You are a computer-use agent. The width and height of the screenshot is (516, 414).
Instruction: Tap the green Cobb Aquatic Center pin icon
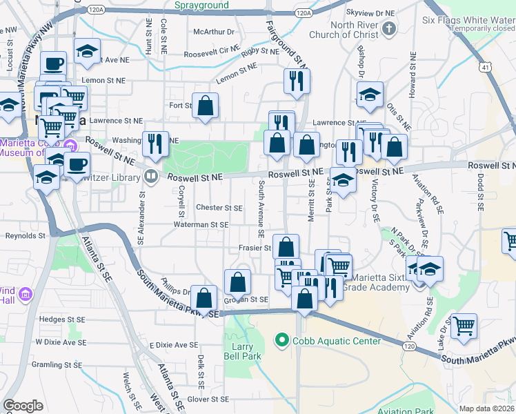point(281,340)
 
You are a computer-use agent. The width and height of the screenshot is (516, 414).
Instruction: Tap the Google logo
point(23,405)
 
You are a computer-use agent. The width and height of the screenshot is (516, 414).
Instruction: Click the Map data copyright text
point(487,408)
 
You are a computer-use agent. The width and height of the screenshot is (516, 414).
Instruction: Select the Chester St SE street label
point(219,208)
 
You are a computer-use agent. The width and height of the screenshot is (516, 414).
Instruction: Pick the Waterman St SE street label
point(201,224)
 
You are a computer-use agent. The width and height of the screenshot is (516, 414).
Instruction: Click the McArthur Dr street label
point(214,32)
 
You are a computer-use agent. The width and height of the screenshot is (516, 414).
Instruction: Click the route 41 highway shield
point(486,67)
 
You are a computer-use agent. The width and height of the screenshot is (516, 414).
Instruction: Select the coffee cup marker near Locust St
point(53,64)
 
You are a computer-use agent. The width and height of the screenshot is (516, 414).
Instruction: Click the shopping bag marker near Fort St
point(206,106)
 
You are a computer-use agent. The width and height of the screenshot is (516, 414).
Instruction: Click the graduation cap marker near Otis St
point(370,95)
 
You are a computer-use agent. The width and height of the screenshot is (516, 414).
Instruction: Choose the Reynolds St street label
point(25,235)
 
